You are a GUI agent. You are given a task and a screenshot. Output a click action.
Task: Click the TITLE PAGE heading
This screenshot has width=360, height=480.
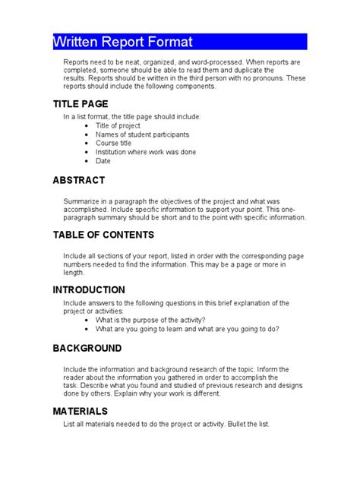point(81,103)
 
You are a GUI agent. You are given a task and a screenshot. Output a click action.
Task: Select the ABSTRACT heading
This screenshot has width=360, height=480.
point(78,181)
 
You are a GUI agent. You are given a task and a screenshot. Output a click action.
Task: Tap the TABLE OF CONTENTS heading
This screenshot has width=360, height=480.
point(103,235)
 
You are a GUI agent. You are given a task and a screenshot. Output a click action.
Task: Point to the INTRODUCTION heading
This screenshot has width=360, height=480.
point(89,289)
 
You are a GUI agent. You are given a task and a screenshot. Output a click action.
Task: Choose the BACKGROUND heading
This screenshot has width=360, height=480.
point(87,348)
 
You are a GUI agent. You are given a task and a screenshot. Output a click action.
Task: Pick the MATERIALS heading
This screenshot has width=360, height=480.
point(81,411)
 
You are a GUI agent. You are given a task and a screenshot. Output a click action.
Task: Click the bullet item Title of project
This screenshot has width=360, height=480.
point(119,125)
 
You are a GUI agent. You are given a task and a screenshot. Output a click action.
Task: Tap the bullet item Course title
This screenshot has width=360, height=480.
point(114,144)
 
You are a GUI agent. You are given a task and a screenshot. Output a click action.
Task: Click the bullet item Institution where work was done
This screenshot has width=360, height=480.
point(146,152)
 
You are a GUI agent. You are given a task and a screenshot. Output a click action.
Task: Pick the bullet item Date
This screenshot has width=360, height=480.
point(103,161)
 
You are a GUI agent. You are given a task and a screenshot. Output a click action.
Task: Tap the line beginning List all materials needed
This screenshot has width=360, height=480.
point(166,424)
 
